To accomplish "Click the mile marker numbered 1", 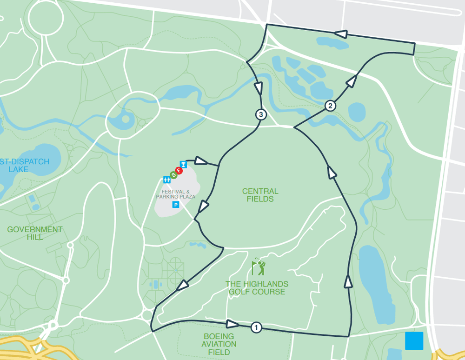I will [256, 327].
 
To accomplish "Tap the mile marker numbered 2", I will [330, 106].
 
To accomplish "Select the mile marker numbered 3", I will [260, 114].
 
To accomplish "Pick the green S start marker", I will [173, 175].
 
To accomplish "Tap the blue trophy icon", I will [183, 164].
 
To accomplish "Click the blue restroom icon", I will [167, 180].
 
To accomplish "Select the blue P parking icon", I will [176, 205].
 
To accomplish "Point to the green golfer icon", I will [259, 267].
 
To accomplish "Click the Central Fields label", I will [260, 195].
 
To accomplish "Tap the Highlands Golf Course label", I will [257, 288].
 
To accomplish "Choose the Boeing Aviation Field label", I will [219, 344].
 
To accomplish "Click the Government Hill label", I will [35, 233].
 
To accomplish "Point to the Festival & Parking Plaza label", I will [176, 194].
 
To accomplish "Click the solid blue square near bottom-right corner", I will [414, 340].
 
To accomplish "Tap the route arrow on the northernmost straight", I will [341, 34].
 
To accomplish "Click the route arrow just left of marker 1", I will [232, 324].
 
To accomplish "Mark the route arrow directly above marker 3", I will [259, 88].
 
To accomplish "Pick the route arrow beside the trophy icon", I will [200, 161].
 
